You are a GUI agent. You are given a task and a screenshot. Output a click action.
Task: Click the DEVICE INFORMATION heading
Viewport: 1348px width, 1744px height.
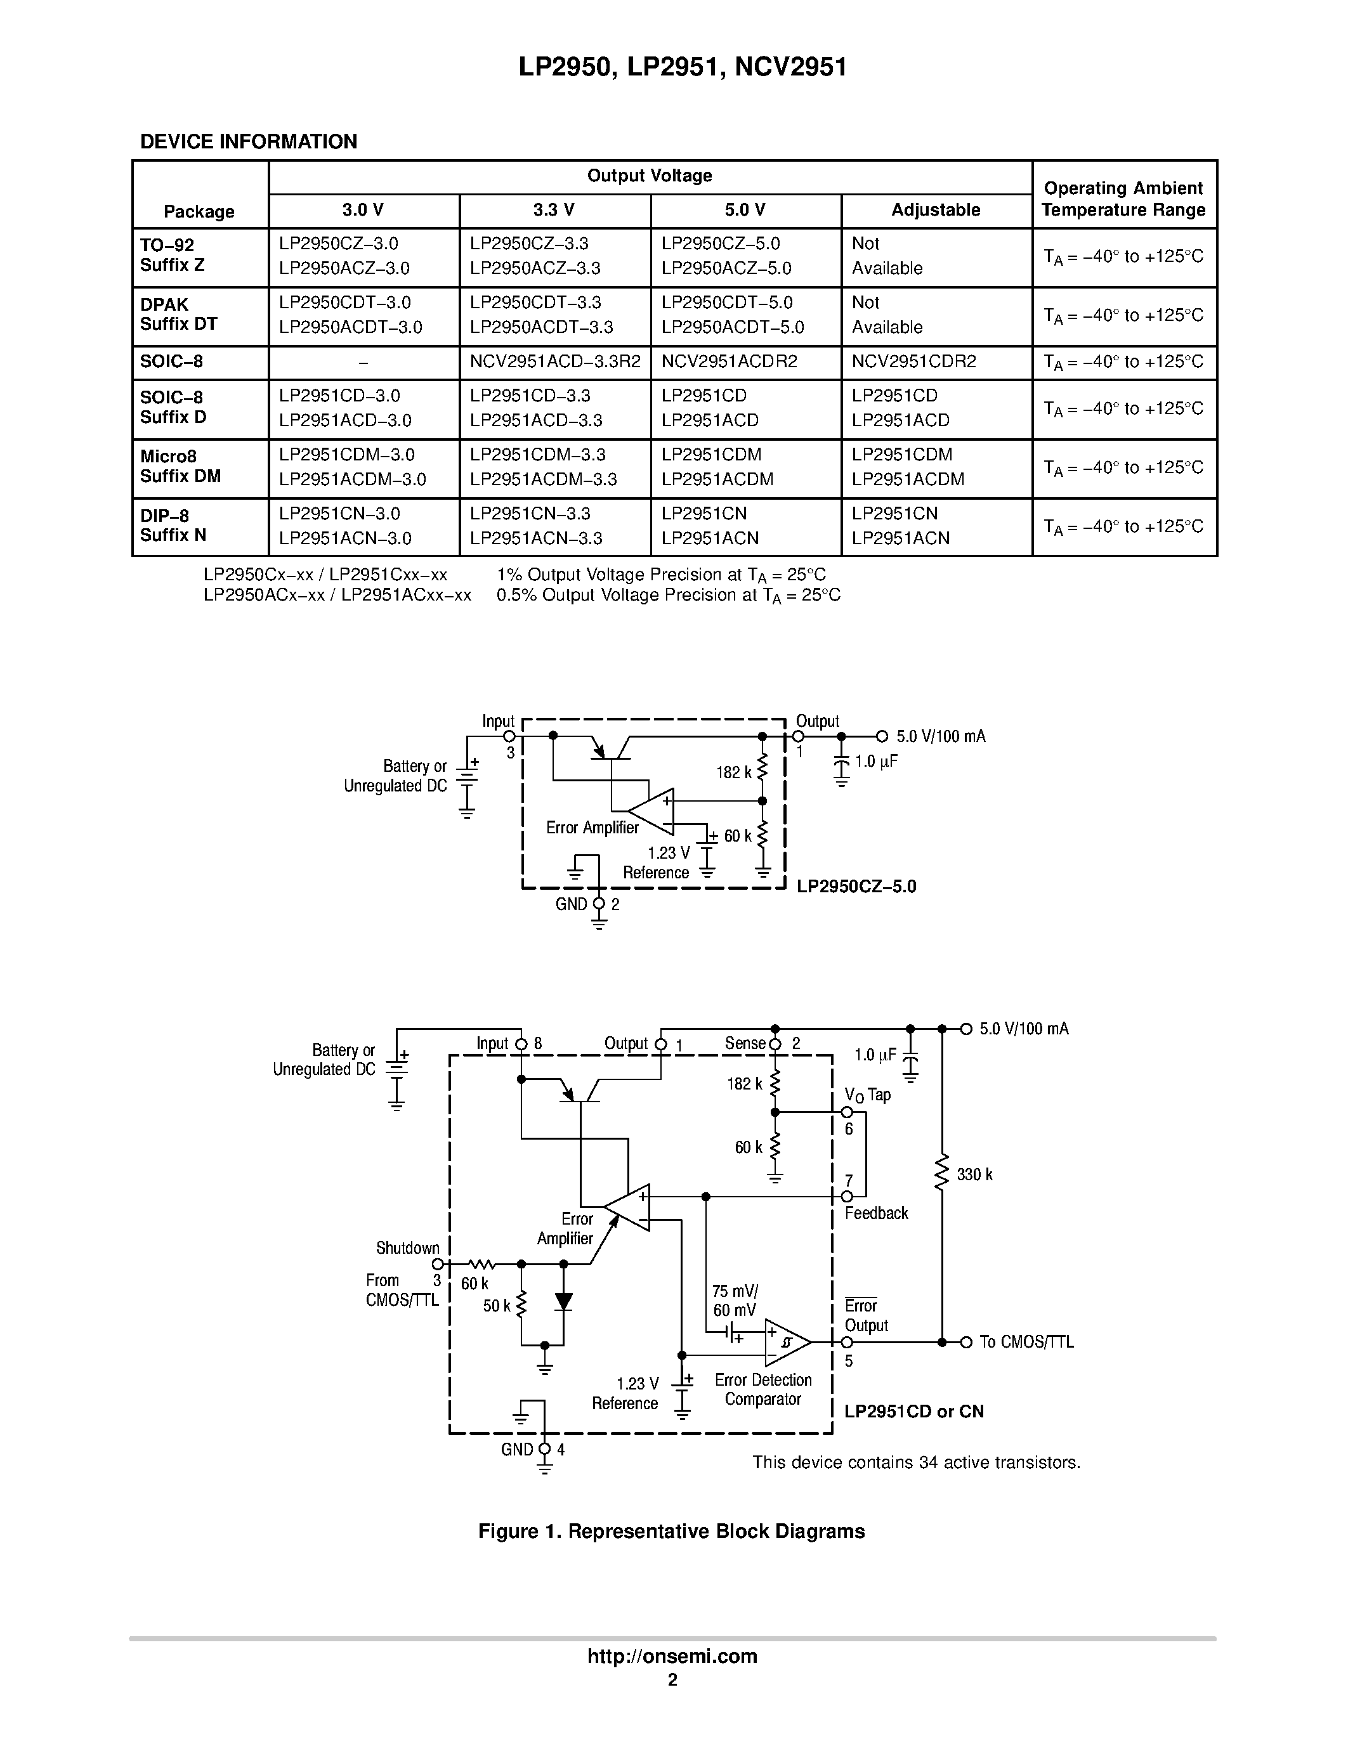click(x=249, y=142)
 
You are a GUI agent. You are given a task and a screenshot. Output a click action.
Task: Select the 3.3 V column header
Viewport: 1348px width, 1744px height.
click(x=554, y=210)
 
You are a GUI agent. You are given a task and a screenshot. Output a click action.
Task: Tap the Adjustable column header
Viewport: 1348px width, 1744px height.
click(x=936, y=210)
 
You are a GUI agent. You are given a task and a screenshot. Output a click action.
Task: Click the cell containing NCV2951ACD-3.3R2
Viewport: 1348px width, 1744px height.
click(x=555, y=361)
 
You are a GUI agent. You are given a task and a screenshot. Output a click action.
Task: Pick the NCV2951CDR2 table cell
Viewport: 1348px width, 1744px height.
click(x=913, y=361)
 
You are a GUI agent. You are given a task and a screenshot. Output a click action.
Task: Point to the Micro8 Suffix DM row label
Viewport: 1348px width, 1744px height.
click(x=181, y=466)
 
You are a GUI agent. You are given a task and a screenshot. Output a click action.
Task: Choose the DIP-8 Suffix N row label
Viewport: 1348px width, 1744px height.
click(x=173, y=526)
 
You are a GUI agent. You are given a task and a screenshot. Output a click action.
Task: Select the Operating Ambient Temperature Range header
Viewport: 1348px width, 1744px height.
click(x=1123, y=199)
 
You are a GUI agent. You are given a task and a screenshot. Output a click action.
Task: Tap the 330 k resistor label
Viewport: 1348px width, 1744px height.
click(x=974, y=1175)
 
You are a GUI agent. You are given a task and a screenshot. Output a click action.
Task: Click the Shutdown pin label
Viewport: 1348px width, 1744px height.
click(x=407, y=1248)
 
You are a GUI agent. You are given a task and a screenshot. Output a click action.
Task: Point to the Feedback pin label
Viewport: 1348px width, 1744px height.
click(x=876, y=1213)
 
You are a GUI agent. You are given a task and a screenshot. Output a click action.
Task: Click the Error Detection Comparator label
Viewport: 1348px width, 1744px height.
click(x=762, y=1389)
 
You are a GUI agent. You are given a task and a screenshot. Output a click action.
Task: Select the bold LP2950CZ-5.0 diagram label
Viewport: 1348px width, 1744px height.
click(x=856, y=887)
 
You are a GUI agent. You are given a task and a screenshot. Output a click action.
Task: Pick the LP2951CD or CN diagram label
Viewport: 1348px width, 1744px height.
click(x=913, y=1411)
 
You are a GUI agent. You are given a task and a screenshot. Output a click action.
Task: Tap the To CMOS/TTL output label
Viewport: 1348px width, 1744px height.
click(x=1026, y=1343)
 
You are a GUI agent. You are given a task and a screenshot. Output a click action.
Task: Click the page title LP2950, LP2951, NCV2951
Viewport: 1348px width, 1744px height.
click(x=683, y=67)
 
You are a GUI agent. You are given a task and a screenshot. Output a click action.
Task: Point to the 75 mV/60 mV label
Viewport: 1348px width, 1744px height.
click(x=735, y=1301)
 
